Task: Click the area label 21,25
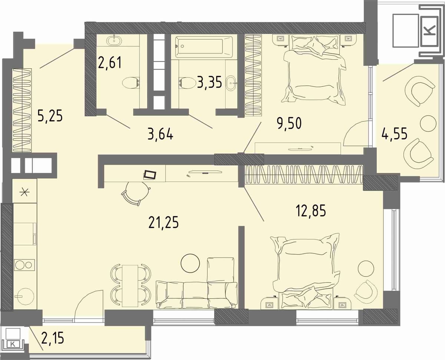(164, 223)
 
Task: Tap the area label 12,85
(311, 211)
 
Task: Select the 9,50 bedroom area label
(289, 124)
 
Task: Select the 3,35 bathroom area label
(210, 82)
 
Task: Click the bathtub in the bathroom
(204, 47)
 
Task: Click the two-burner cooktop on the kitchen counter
(24, 265)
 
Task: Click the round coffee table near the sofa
(190, 263)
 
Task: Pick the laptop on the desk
(150, 174)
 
